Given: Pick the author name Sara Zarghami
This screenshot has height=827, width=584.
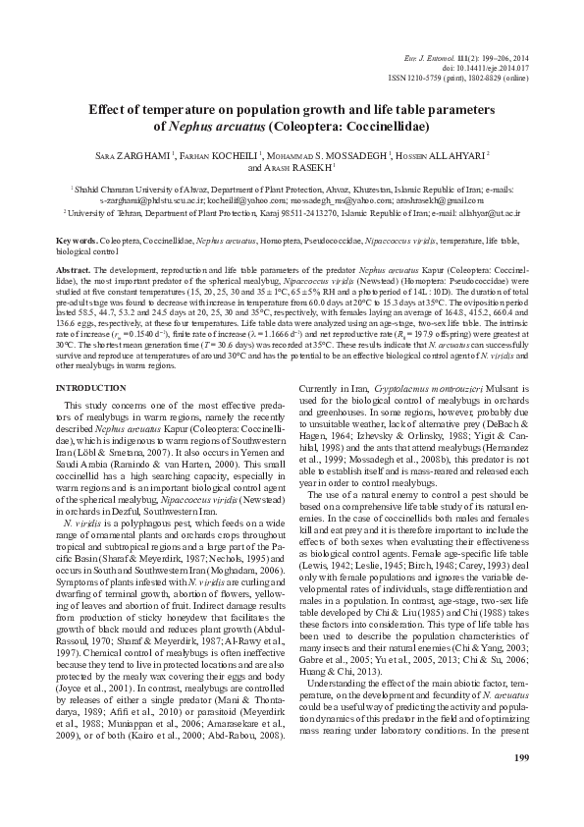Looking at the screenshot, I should [133, 154].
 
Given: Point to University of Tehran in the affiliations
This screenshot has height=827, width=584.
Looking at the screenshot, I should [106, 211].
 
